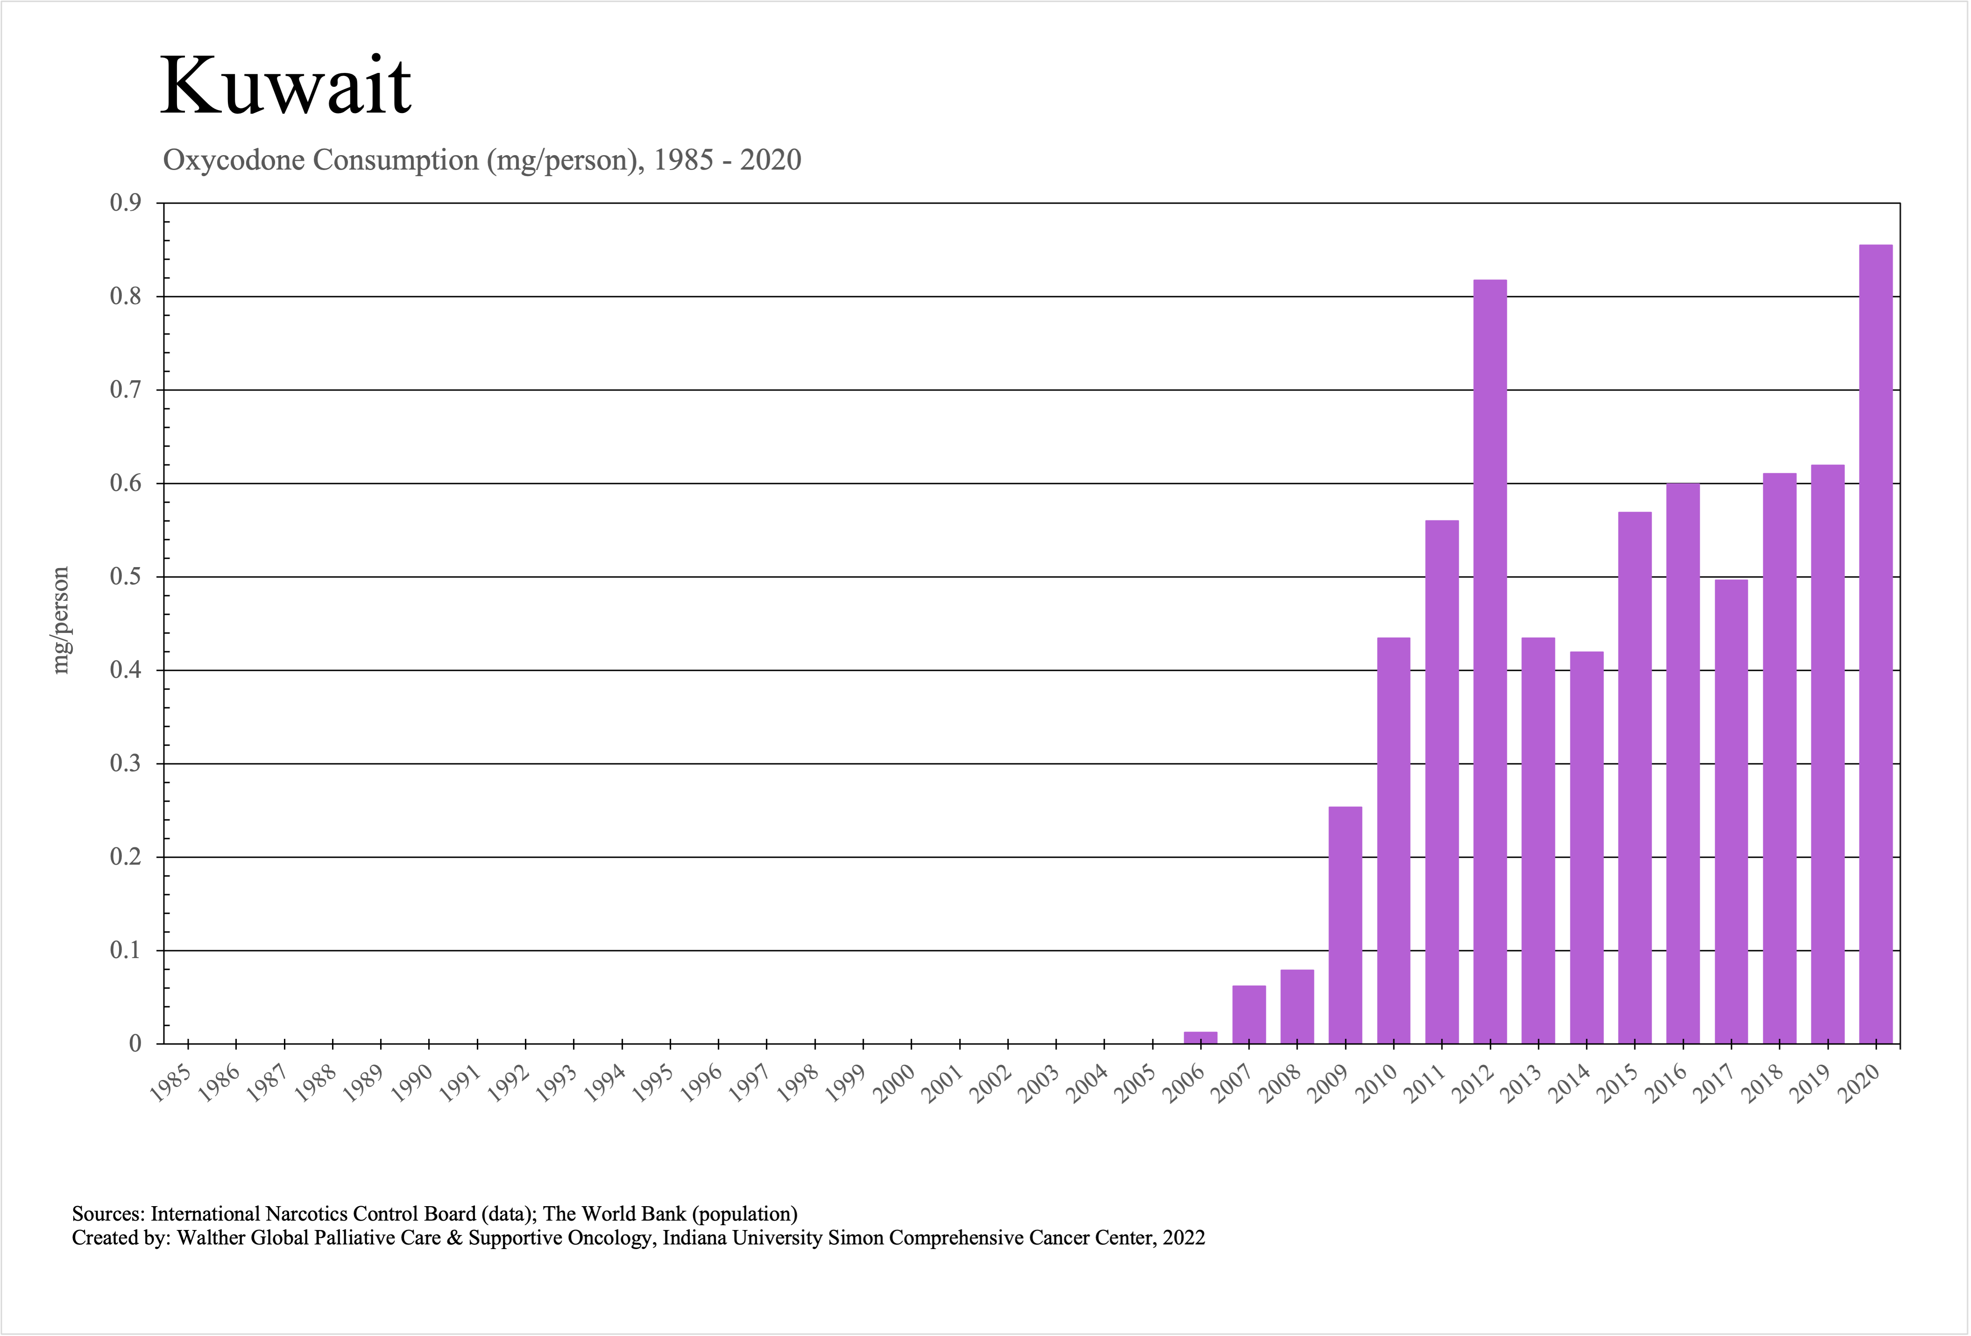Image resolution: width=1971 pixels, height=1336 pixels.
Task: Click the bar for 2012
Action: [1490, 661]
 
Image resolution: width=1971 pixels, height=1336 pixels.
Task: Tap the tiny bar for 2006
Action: [1200, 1038]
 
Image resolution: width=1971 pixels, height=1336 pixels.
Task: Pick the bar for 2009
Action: [1345, 924]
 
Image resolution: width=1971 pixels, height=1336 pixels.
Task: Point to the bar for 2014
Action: [1587, 848]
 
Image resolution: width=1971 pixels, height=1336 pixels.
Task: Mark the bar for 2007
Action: [1249, 1015]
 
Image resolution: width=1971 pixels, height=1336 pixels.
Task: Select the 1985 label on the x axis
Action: [170, 1084]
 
